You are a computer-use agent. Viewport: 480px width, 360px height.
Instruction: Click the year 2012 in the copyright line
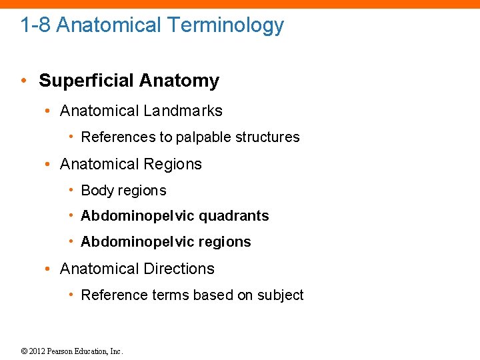(x=38, y=351)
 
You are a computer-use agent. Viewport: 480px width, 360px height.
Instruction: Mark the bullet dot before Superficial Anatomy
(x=23, y=81)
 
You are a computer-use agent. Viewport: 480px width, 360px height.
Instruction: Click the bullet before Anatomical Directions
(x=49, y=269)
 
